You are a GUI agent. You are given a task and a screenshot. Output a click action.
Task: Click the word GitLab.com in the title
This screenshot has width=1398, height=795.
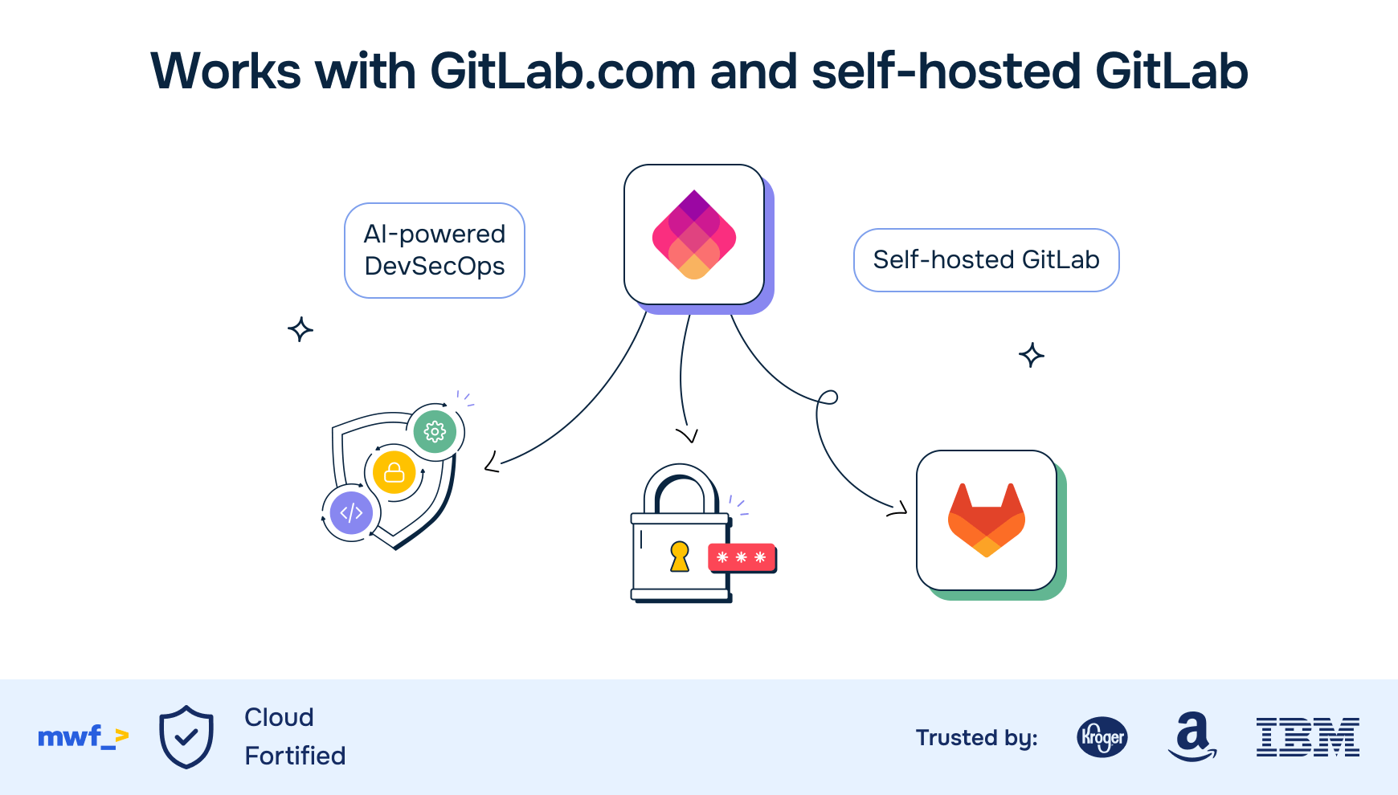562,71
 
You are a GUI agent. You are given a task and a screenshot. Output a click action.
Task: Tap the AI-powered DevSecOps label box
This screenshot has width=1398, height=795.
435,251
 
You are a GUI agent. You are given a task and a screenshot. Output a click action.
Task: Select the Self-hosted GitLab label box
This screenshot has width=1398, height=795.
986,260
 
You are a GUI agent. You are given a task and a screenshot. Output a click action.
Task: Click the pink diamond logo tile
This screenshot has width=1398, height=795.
694,234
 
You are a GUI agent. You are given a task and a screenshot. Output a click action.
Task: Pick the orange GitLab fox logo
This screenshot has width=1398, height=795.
986,520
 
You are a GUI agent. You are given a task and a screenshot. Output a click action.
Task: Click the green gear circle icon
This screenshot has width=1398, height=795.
435,431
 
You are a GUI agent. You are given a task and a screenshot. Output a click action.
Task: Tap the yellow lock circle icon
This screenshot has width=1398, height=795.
394,472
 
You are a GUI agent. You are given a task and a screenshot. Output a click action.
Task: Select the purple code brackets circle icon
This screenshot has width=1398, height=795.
351,512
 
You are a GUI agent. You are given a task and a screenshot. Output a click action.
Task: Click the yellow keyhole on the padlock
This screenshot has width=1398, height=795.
680,556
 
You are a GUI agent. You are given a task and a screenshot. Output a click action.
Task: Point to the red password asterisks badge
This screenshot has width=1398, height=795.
742,557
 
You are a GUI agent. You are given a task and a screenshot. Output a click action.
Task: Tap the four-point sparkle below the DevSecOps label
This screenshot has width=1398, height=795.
300,329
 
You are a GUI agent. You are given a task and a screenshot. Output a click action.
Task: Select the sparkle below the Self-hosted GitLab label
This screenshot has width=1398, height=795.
1032,355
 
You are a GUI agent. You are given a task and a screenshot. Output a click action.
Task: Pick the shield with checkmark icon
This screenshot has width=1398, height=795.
186,736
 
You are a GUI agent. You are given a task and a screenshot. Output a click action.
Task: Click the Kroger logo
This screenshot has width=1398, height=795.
1102,736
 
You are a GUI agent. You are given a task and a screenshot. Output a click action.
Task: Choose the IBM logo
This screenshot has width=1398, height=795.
1307,737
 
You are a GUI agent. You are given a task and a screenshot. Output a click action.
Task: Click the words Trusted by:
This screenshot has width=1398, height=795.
976,737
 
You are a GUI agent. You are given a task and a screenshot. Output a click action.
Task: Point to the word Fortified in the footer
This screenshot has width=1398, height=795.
295,756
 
